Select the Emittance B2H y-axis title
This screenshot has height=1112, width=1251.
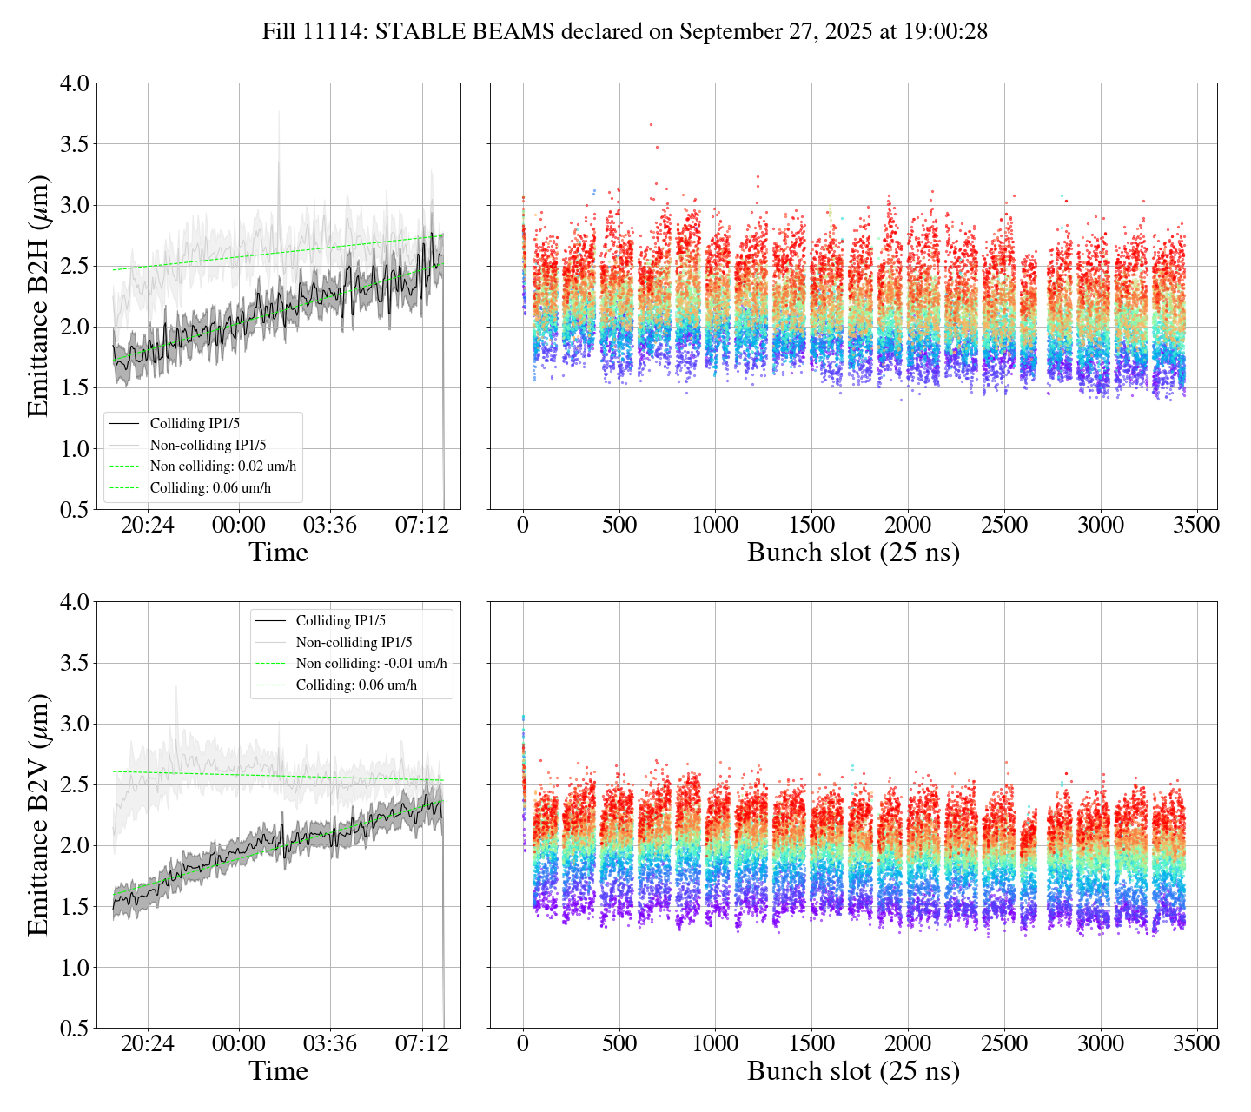[x=39, y=296]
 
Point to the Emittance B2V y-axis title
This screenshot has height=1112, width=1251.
[x=39, y=815]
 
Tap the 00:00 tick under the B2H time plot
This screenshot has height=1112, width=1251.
[x=239, y=526]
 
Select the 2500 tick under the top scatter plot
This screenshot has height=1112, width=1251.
[x=1004, y=526]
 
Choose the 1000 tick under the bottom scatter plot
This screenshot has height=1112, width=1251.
[x=715, y=1044]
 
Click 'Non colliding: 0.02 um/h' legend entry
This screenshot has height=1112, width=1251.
[x=222, y=467]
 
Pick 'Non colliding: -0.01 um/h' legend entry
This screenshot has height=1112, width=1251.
[x=371, y=664]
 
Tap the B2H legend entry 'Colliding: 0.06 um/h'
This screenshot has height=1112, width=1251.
[x=210, y=488]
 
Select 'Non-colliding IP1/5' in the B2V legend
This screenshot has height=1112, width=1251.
[x=354, y=643]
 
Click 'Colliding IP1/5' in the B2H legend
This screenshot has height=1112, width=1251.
[x=195, y=424]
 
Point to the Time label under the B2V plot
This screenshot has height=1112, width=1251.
[x=279, y=1071]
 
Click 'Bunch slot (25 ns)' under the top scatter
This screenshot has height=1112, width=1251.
[x=853, y=553]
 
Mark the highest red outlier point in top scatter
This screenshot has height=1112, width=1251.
[x=651, y=124]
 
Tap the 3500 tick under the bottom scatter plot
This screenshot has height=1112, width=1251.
[x=1197, y=1044]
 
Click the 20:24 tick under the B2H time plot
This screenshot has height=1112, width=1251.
[x=147, y=526]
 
